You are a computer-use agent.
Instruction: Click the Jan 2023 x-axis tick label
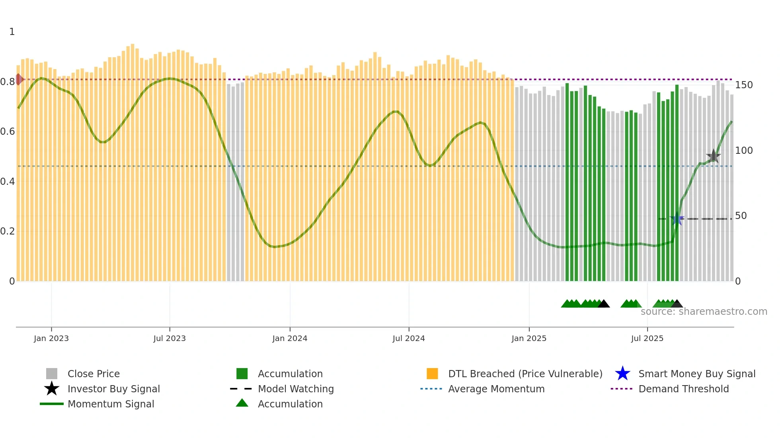click(51, 338)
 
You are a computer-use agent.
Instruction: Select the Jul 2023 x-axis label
click(170, 338)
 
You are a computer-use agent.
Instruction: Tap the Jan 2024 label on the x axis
click(290, 338)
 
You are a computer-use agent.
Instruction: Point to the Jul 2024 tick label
click(409, 338)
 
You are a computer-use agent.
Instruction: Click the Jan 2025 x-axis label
click(529, 338)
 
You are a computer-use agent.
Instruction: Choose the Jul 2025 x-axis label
click(647, 338)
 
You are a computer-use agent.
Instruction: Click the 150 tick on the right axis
click(744, 85)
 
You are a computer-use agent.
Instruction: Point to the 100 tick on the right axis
click(744, 151)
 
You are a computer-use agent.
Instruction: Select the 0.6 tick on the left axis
click(7, 132)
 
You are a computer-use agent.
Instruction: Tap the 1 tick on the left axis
click(12, 32)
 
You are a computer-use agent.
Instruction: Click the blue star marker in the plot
click(677, 219)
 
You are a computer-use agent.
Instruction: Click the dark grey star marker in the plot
click(713, 156)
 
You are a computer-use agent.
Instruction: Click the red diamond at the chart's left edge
click(19, 79)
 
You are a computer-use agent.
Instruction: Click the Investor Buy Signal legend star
click(52, 389)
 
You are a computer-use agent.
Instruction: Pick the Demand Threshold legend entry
click(683, 389)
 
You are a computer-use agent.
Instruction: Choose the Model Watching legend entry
click(295, 389)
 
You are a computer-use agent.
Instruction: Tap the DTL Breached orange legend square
click(432, 374)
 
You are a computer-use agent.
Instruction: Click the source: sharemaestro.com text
click(704, 312)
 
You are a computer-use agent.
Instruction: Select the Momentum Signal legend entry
click(111, 404)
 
